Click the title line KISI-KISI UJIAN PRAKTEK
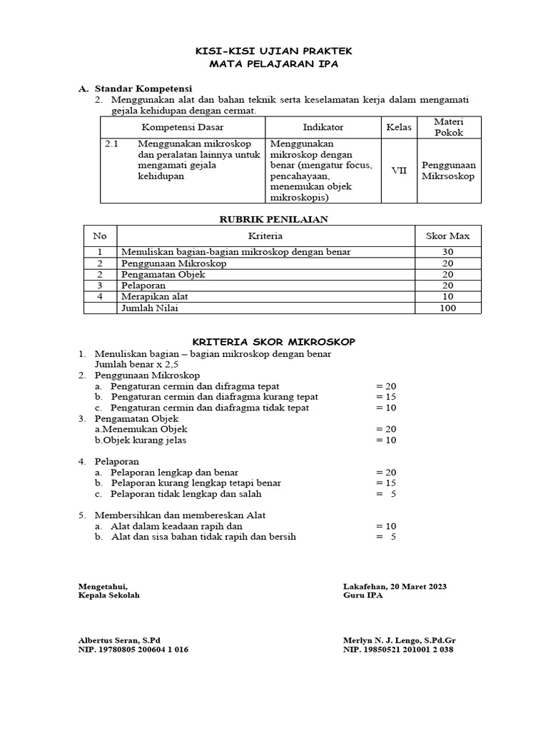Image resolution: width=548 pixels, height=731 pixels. click(x=273, y=52)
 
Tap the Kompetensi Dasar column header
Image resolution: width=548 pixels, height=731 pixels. click(x=183, y=127)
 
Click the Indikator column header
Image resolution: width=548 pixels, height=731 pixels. click(x=323, y=127)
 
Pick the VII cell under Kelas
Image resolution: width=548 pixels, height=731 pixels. click(x=399, y=171)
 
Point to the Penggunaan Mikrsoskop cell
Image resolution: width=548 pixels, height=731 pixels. click(x=448, y=171)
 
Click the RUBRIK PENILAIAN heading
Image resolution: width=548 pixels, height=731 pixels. click(x=273, y=219)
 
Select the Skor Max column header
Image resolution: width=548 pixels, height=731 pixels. click(x=447, y=236)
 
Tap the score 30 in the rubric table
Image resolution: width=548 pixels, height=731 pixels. click(x=447, y=252)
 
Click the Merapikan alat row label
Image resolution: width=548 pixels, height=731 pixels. click(x=155, y=296)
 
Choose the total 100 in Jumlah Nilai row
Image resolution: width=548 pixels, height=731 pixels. click(x=447, y=308)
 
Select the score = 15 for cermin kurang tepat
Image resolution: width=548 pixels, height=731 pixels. click(x=385, y=396)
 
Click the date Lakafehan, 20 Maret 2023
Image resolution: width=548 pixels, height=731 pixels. click(x=395, y=586)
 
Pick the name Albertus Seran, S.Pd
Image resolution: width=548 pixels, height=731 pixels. click(x=120, y=640)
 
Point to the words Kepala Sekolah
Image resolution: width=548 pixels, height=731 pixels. click(x=109, y=596)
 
